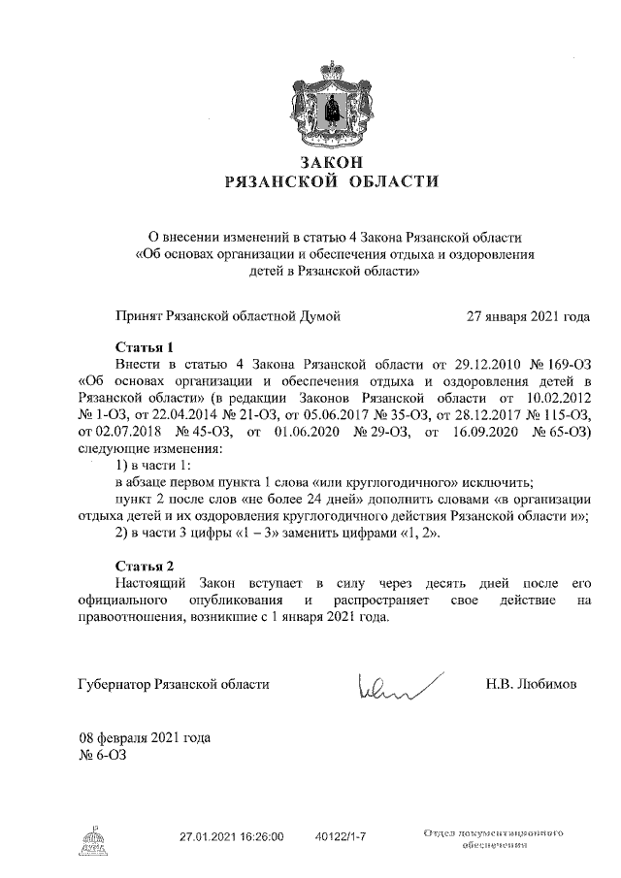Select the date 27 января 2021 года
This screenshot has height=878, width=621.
pos(528,316)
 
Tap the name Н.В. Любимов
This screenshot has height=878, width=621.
pos(531,685)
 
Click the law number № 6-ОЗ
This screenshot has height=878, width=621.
pos(102,754)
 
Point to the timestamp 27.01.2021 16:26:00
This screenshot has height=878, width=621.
pos(231,834)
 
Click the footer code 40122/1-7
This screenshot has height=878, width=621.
pos(341,834)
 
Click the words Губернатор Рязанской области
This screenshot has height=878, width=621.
pos(172,685)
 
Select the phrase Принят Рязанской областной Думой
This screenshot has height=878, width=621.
pos(227,316)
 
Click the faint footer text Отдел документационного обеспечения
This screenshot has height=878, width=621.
pos(494,839)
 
